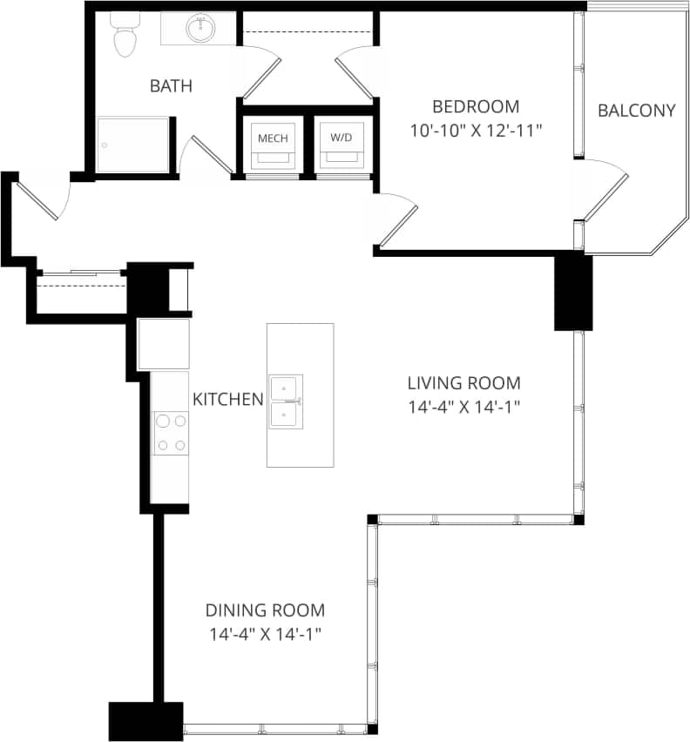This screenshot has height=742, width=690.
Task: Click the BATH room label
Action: (x=171, y=86)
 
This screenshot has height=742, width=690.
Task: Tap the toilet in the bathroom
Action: (x=125, y=36)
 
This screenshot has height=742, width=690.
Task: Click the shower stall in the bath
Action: (x=132, y=145)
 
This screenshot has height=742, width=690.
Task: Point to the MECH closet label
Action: (x=272, y=138)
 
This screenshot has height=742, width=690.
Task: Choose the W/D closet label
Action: (x=339, y=138)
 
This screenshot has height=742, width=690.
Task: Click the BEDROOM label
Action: (x=476, y=107)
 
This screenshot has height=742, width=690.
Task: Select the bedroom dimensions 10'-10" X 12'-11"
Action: (x=476, y=131)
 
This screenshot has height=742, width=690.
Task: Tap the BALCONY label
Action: (x=636, y=111)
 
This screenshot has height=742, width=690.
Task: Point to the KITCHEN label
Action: (x=227, y=399)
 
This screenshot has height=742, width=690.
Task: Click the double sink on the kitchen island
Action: (x=286, y=401)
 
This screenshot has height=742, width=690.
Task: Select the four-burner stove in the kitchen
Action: (x=170, y=433)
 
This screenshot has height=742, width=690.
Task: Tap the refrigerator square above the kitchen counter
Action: (x=164, y=344)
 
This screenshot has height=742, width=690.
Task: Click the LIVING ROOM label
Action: (x=464, y=382)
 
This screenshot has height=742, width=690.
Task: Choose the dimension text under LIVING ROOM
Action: (x=464, y=406)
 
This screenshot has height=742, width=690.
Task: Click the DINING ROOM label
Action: (x=265, y=610)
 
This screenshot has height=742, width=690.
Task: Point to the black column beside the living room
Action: (x=573, y=291)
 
